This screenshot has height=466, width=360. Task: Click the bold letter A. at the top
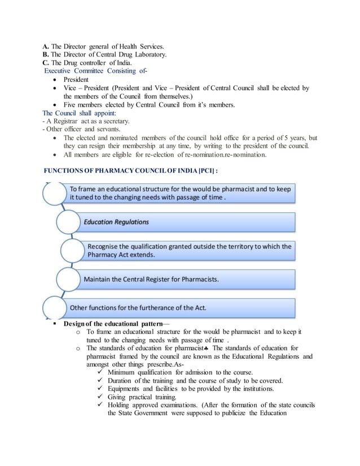[x=46, y=46]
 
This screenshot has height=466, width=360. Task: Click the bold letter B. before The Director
[x=46, y=54]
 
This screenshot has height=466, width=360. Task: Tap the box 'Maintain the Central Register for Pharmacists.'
[x=186, y=279]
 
